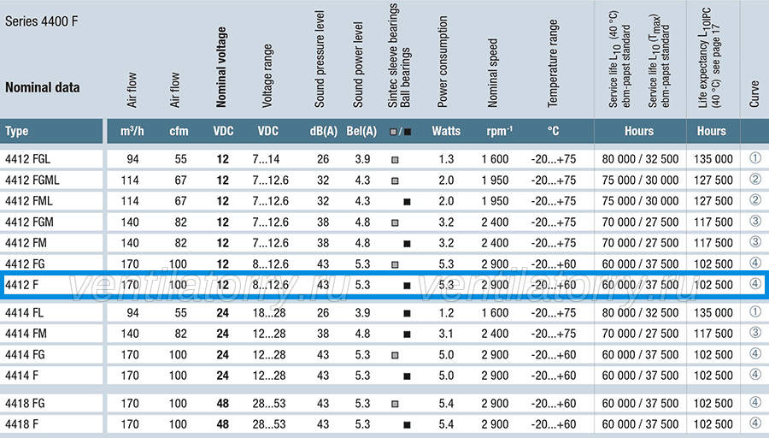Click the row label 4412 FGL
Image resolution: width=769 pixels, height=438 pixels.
[27, 159]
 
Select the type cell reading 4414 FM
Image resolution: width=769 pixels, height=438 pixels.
[26, 334]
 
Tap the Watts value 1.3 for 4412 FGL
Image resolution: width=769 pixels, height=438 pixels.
[446, 159]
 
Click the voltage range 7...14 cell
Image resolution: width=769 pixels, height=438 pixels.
[266, 159]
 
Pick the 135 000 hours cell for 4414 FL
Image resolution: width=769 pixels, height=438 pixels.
[713, 313]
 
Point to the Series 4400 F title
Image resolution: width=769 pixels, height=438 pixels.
[41, 21]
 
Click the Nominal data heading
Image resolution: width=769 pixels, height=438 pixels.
[42, 87]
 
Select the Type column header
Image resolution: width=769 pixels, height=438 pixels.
[17, 131]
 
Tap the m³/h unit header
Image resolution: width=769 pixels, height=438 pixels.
[132, 131]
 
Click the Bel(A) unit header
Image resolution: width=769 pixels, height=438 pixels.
[361, 131]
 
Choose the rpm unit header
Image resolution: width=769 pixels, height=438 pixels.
[499, 131]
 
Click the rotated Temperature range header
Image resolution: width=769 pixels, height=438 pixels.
[553, 63]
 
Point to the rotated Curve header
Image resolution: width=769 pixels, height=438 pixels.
[754, 94]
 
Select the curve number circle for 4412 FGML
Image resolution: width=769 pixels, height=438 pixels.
[755, 180]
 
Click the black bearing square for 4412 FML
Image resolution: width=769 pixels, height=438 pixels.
[407, 202]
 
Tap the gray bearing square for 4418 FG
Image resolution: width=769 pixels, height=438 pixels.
[395, 404]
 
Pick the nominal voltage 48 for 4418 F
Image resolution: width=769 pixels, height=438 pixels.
[223, 424]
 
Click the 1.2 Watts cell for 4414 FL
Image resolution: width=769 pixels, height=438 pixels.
[446, 313]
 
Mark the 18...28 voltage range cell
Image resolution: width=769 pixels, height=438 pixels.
[269, 313]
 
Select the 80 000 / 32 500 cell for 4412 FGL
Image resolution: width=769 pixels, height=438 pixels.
[640, 159]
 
